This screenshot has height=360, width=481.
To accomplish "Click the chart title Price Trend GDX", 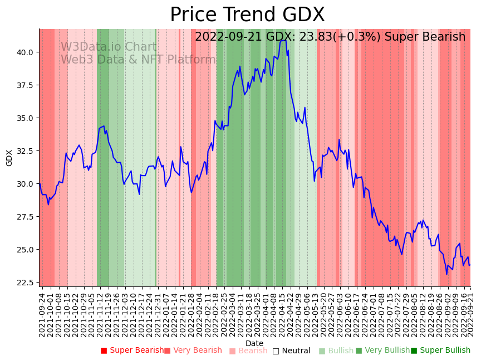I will (247, 15).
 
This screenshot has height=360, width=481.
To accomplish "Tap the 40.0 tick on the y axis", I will (25, 52).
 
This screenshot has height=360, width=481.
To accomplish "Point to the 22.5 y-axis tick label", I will (25, 283).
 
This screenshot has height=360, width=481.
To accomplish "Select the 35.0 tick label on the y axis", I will (25, 118).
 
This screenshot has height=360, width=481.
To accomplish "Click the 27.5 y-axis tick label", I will (25, 217).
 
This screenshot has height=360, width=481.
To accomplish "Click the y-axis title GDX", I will (9, 158).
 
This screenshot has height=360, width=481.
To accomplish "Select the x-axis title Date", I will (254, 344).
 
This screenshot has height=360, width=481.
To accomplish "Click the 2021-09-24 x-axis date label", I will (42, 314).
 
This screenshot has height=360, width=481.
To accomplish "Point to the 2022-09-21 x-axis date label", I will (469, 314).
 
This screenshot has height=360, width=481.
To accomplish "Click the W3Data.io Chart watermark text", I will (109, 47).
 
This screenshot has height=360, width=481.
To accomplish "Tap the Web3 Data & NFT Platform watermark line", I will (138, 60).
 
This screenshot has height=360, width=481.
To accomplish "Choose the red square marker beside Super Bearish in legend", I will (104, 351).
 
